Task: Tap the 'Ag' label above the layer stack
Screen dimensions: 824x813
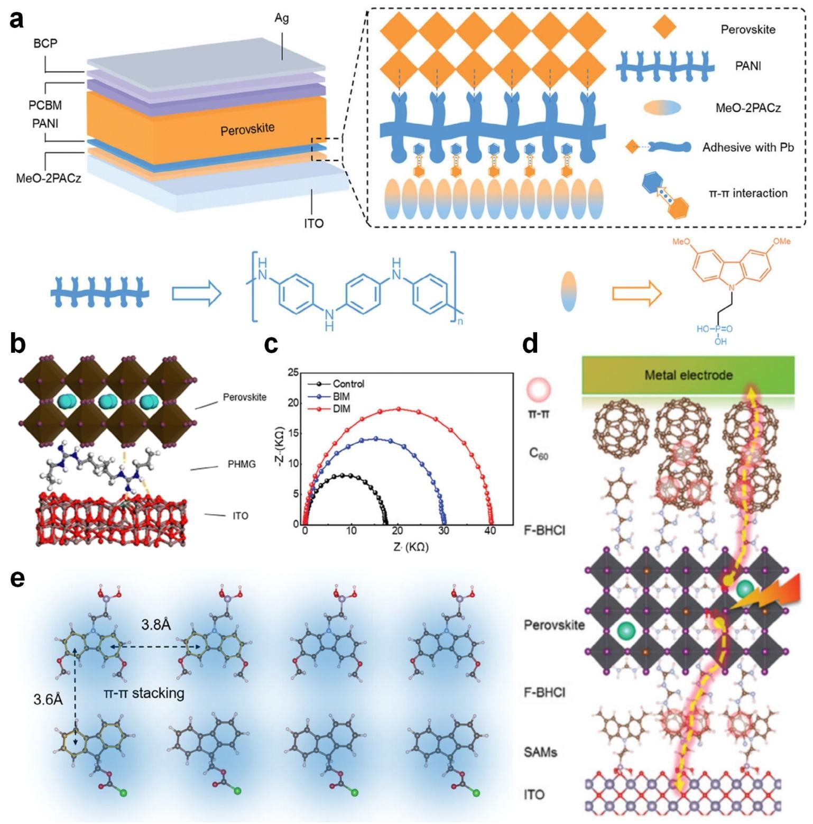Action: (x=282, y=18)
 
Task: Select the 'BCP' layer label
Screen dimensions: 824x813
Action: (x=45, y=43)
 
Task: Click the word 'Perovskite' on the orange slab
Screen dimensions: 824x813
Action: (x=247, y=129)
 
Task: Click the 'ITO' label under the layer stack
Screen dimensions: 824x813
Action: (x=313, y=223)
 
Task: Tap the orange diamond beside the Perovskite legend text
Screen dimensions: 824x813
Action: (x=664, y=28)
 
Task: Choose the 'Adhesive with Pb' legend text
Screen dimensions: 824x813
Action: (x=748, y=148)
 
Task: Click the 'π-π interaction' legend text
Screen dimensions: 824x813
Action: (x=748, y=193)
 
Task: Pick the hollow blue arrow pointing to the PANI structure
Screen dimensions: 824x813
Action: (x=197, y=294)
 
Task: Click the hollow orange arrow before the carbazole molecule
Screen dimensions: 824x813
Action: (x=636, y=293)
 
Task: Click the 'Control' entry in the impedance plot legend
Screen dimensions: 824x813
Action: (x=348, y=384)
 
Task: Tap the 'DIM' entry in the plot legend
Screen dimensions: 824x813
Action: (x=341, y=409)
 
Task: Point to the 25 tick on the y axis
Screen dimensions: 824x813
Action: (x=293, y=372)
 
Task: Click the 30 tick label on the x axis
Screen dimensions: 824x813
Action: (x=444, y=530)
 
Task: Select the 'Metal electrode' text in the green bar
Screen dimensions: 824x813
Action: (x=688, y=375)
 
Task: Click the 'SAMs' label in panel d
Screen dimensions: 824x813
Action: (x=540, y=751)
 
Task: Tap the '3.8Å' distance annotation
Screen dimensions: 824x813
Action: (x=156, y=625)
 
